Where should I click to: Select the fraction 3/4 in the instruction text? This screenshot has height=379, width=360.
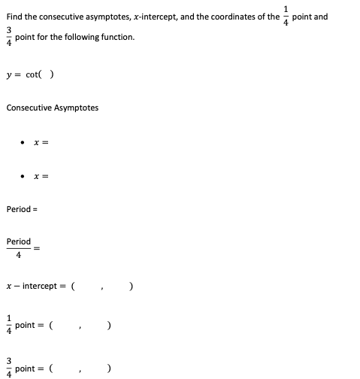(x=8, y=35)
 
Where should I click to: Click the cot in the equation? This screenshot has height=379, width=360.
(x=32, y=74)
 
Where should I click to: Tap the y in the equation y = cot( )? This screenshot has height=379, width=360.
(x=9, y=75)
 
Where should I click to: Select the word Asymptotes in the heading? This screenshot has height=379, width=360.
(x=76, y=108)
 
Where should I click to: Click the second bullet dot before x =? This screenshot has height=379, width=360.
(x=24, y=177)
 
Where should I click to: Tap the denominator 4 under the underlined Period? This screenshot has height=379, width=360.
(x=18, y=253)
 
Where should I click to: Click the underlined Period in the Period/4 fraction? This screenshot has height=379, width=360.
(x=18, y=242)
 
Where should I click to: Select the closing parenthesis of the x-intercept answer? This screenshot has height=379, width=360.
(x=132, y=287)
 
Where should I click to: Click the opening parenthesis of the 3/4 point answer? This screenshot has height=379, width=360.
(x=51, y=368)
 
